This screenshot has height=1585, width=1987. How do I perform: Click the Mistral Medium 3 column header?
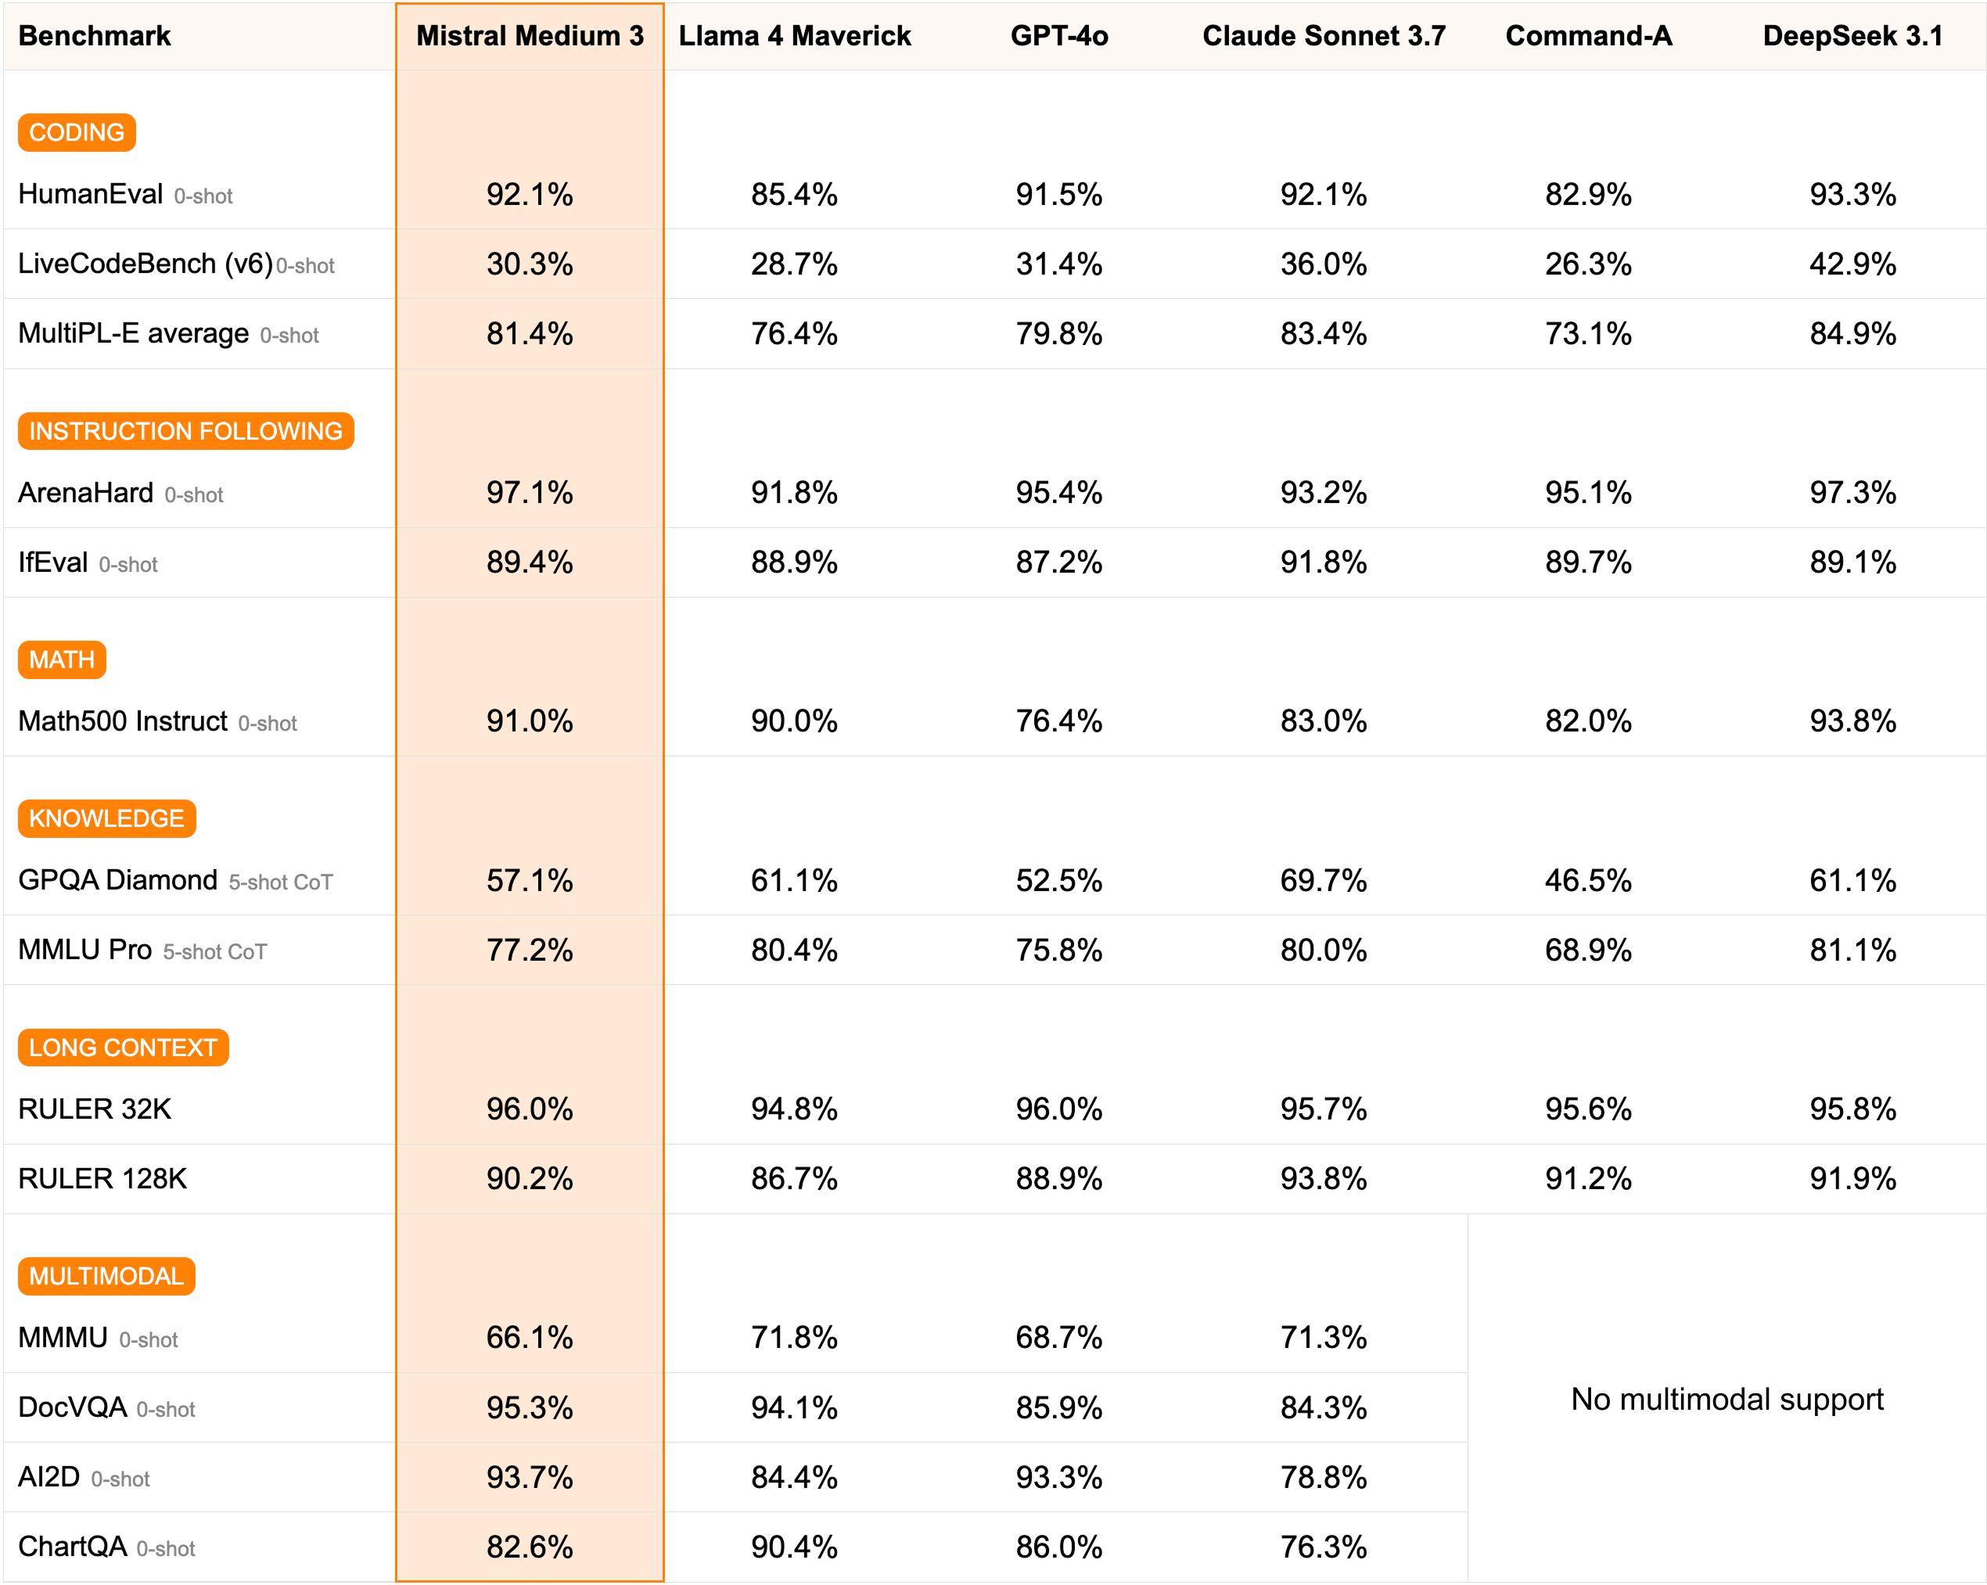coord(530,36)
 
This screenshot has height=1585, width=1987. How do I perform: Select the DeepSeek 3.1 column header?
coord(1852,36)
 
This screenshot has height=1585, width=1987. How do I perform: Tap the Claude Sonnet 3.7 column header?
coord(1324,36)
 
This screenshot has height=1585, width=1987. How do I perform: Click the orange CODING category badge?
coord(77,133)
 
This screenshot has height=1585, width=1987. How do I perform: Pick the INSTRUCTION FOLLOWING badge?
coord(185,431)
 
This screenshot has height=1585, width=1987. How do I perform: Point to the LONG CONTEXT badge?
coord(123,1048)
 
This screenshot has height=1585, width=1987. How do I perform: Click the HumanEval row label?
coord(90,195)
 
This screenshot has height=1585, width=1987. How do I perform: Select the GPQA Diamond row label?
coord(118,880)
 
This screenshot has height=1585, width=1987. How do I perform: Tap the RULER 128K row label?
coord(102,1179)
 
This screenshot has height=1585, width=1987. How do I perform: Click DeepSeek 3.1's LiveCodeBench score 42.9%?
coord(1852,264)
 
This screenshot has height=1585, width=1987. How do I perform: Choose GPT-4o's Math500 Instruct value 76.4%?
coord(1059,721)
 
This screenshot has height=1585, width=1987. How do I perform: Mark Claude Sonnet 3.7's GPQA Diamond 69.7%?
coord(1324,881)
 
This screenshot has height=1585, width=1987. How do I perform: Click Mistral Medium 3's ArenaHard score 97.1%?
coord(530,493)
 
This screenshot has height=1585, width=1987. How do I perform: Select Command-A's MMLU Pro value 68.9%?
coord(1588,950)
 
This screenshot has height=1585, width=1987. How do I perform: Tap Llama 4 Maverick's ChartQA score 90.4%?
coord(793,1547)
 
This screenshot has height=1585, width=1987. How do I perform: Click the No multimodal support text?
coord(1726,1400)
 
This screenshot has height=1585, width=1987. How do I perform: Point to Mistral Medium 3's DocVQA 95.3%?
coord(530,1408)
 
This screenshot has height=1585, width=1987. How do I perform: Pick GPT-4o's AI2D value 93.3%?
coord(1059,1478)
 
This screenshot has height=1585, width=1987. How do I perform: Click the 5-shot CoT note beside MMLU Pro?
coord(214,952)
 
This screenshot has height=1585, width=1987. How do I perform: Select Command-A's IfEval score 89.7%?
coord(1588,562)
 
